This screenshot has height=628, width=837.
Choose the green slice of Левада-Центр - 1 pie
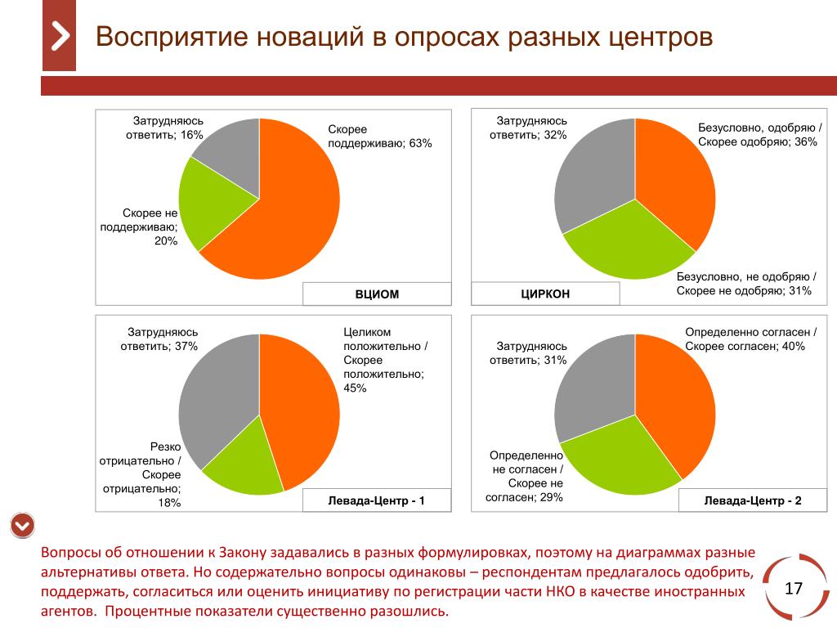241,466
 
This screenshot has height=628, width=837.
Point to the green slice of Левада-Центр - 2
621,462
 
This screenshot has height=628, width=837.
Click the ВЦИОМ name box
377,294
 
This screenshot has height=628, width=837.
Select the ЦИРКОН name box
545,294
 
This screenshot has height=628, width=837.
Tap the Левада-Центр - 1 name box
377,500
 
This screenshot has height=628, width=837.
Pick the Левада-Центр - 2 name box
753,500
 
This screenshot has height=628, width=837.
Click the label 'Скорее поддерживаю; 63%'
379,137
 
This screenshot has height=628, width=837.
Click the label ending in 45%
385,360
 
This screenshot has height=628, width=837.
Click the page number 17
794,589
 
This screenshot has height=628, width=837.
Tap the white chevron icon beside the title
60,37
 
